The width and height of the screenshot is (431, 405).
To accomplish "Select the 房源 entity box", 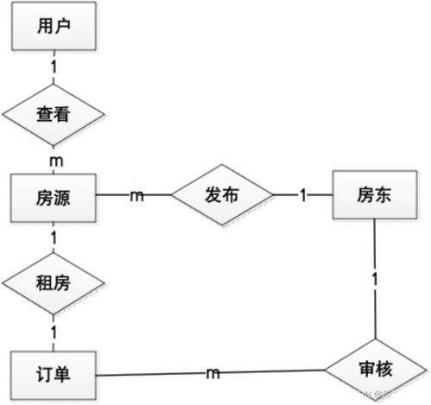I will click(52, 196).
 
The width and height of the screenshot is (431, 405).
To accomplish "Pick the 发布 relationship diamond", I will click(222, 196).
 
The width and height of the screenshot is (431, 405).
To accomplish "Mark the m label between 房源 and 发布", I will click(136, 196).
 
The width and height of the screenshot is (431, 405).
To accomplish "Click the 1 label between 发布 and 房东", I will click(303, 196).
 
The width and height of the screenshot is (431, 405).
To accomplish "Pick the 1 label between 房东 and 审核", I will click(375, 281).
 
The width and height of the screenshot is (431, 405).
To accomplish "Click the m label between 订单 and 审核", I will click(212, 372).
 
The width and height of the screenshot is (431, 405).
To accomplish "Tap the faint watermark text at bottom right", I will click(389, 396).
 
